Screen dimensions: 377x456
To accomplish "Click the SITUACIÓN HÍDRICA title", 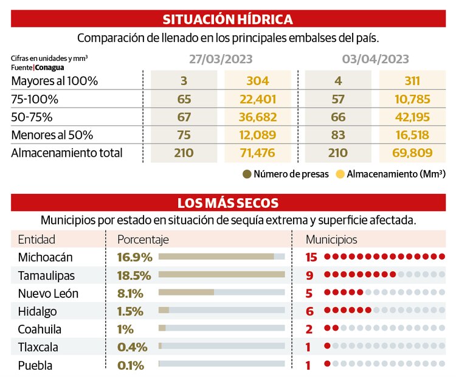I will pos(228,19).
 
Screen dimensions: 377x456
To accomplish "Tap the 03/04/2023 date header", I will pos(375,60).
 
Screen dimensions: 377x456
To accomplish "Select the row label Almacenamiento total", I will pos(67,153).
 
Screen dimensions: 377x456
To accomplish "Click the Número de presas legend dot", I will pos(247,175).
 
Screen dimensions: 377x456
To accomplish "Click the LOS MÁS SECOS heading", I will pos(228,202).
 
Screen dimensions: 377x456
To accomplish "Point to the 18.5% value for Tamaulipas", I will pos(130,275).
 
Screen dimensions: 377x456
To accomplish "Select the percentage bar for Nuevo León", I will pos(186,292).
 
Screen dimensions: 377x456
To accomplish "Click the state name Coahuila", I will pos(40,329).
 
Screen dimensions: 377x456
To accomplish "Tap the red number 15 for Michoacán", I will pos(311,257).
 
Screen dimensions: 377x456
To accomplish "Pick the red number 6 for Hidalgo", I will pos(309,311).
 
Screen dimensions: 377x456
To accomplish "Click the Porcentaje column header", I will pos(143,239).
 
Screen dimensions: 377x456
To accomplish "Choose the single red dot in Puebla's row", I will pos(328,365).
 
